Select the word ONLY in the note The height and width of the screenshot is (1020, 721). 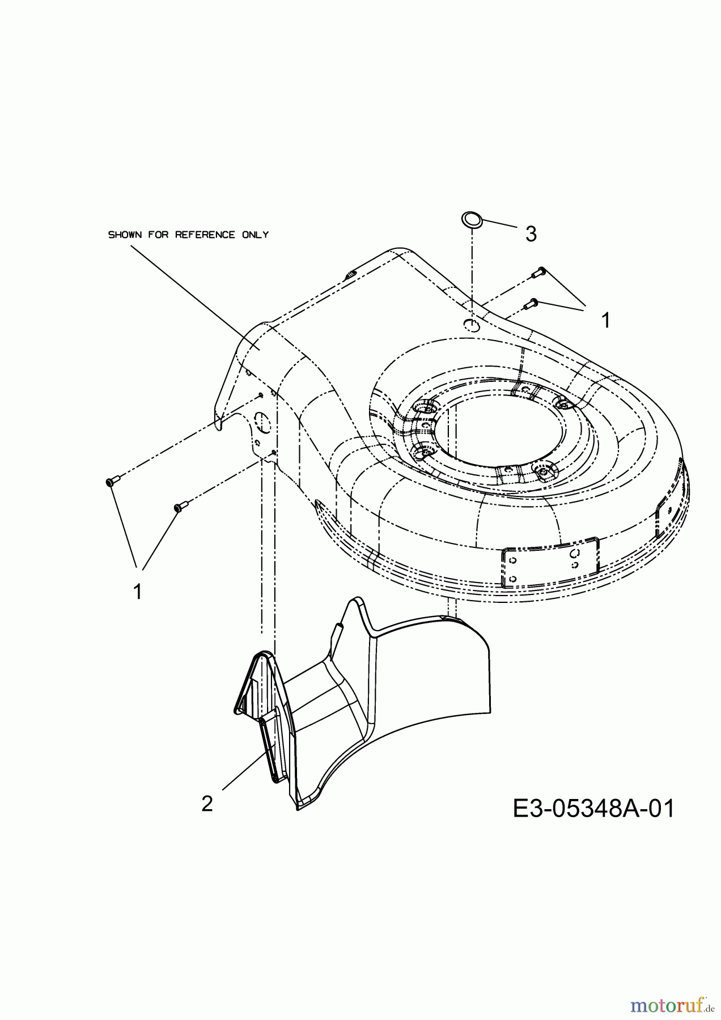pos(256,235)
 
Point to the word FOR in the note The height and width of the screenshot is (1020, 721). pos(158,235)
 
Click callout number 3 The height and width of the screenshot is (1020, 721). pos(531,233)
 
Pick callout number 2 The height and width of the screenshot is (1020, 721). pos(207,804)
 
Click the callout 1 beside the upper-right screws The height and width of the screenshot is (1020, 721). pos(605,321)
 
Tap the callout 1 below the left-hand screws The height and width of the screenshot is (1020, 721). pos(137,592)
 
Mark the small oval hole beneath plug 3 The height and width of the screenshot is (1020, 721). pos(472,325)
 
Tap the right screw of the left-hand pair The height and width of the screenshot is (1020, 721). pos(179,507)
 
